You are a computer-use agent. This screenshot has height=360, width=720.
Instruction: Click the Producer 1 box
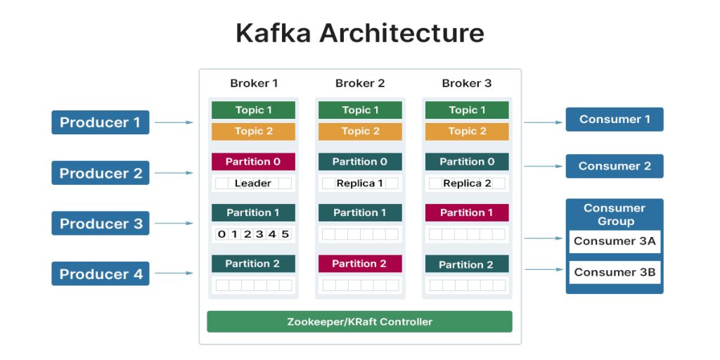(x=100, y=122)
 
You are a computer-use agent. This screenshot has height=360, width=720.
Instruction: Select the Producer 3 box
(x=100, y=224)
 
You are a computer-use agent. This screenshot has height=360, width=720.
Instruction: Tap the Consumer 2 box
(x=615, y=167)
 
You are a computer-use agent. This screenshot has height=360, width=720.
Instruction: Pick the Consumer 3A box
(x=615, y=241)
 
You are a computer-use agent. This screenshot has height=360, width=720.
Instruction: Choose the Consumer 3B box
(x=615, y=272)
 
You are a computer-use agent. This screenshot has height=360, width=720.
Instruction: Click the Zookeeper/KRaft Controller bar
(x=359, y=322)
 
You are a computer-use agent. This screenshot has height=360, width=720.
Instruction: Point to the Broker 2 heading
(x=360, y=83)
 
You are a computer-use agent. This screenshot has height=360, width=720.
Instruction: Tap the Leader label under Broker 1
(x=253, y=184)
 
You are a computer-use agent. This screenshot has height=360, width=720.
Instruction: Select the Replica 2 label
(x=467, y=184)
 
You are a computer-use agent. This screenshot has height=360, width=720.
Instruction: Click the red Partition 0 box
(x=253, y=162)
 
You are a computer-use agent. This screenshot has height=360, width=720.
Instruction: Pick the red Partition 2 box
(x=360, y=264)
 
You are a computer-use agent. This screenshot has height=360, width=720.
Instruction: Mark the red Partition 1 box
(x=467, y=212)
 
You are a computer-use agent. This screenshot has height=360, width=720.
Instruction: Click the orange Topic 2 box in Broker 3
(x=467, y=131)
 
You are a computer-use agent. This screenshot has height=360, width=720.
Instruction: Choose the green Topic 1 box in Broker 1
(x=253, y=110)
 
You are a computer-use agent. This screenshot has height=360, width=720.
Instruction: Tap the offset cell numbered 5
(x=285, y=234)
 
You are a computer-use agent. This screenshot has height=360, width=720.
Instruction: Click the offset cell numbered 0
(x=221, y=234)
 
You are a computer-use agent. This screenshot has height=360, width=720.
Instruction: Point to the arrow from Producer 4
(x=174, y=274)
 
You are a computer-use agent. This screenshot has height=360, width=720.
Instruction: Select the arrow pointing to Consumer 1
(x=543, y=122)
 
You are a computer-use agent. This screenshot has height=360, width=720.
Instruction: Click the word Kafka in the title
(x=273, y=33)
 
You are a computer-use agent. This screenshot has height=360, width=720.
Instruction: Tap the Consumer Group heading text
(x=615, y=214)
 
